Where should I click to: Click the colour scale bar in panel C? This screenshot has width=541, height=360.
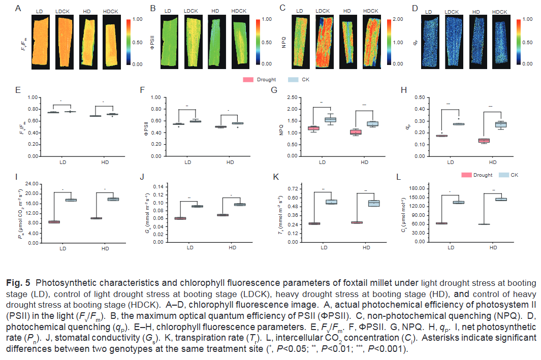(390, 42)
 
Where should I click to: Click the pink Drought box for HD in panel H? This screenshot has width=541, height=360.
(484, 140)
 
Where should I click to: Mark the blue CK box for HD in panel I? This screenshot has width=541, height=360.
(113, 199)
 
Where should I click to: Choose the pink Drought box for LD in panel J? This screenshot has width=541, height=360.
(180, 218)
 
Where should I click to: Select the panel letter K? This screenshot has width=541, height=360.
(276, 177)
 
